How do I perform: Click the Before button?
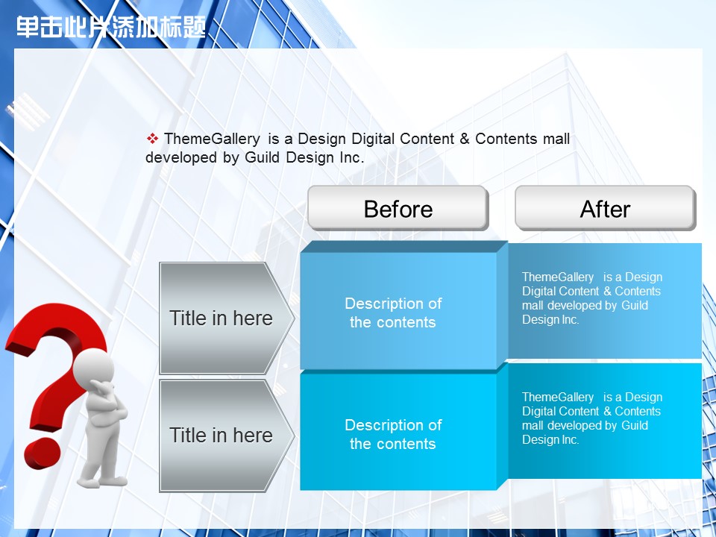point(398,208)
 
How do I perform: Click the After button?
point(606,208)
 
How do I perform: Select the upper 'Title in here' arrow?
point(227,318)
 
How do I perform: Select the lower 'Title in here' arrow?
point(227,436)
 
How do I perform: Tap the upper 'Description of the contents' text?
point(393,313)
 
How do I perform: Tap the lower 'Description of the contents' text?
point(393,434)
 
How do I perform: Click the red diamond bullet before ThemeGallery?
point(152,139)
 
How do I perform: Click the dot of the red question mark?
point(43,453)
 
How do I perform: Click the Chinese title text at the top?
point(111,27)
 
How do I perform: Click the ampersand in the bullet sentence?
point(465,139)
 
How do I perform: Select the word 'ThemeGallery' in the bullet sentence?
point(212,139)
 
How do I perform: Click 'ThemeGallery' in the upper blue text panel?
point(558,277)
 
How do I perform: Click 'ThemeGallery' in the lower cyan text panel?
point(558,398)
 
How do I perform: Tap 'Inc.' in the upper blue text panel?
point(571,320)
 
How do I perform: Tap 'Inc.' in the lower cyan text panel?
point(571,440)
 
